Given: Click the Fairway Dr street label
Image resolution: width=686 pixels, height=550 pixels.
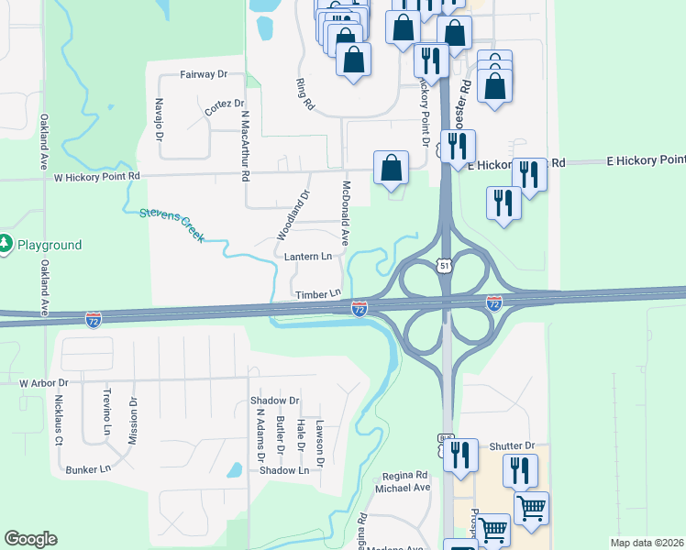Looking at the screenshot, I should coord(204,73).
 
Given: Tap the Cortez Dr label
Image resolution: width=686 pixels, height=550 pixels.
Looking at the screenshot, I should coord(225,107).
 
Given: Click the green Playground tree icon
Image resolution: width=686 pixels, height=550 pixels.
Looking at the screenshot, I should coord(6,244).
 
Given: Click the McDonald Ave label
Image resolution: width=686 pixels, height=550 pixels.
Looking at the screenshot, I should coord(346,213).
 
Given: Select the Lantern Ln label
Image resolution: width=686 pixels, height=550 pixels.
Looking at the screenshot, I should coord(307,258).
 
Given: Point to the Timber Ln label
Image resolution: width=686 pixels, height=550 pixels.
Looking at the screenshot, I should coord(317,293).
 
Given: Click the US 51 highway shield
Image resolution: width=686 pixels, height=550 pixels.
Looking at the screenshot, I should coord(445,266).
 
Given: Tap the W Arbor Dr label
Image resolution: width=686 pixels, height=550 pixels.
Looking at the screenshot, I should coord(44,381).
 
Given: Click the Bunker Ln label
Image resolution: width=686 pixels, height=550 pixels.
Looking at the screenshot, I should coord(88,469).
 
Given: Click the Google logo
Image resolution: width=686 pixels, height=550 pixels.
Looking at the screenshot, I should coord(30,539).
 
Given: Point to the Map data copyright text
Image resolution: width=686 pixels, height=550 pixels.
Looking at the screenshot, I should coord(647,543).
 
